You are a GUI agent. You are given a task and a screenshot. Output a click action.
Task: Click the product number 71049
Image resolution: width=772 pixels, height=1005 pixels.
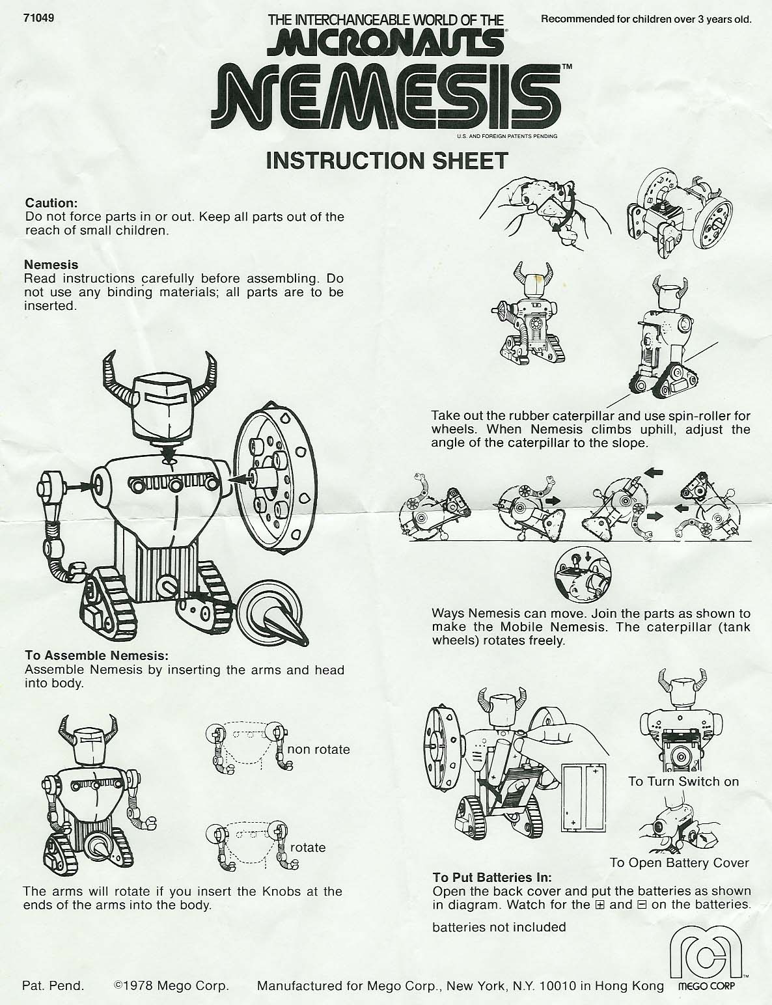tap(38, 18)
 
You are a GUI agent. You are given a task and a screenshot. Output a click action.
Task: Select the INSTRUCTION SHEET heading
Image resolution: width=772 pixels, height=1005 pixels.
tap(387, 161)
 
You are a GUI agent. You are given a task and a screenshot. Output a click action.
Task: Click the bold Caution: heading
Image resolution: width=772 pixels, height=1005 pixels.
tap(51, 203)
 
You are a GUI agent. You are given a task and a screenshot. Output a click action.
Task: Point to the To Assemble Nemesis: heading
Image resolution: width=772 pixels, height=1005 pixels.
tap(96, 655)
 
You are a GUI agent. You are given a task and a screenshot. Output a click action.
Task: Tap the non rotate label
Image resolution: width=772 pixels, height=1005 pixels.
tap(318, 749)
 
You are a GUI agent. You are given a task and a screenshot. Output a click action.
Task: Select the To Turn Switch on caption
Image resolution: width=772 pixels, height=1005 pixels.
tap(683, 782)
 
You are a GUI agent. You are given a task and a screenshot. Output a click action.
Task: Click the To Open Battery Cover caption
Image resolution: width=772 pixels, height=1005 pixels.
tap(679, 862)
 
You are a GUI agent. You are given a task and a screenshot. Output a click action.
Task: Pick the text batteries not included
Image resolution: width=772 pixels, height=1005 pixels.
tap(499, 927)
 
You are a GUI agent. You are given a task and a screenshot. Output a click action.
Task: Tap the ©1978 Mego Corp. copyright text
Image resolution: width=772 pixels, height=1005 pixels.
tap(171, 985)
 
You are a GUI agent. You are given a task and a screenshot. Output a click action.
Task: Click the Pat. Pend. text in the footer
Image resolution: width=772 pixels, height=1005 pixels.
tap(53, 985)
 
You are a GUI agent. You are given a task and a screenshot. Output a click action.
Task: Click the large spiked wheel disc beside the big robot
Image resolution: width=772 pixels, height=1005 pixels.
tap(275, 477)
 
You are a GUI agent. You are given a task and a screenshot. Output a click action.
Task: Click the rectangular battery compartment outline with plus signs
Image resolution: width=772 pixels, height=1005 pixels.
tap(583, 797)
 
